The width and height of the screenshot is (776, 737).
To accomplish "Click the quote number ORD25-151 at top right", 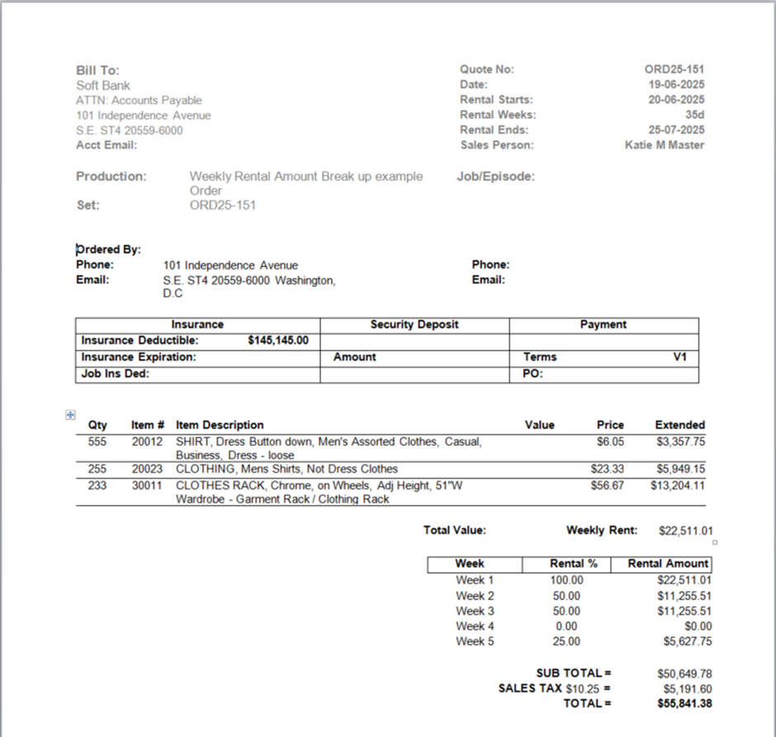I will click(x=674, y=69).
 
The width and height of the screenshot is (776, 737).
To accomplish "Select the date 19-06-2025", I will click(x=676, y=84).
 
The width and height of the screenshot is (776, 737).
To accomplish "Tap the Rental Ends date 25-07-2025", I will click(x=676, y=130).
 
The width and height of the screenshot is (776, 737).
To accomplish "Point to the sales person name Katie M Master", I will click(x=665, y=144).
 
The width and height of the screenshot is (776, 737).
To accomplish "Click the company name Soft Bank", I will click(x=103, y=85).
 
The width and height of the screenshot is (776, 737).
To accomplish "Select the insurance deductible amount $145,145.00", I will click(x=277, y=340).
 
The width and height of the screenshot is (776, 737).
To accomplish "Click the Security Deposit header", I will click(x=414, y=324).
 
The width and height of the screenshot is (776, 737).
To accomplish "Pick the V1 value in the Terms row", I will click(x=680, y=357).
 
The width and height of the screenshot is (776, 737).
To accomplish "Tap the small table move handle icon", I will click(x=70, y=415).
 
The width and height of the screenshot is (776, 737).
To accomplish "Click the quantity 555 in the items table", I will click(x=97, y=442).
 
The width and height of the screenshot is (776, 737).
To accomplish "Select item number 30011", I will click(x=148, y=485).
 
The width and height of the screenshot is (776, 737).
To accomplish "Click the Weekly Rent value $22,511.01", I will click(x=686, y=531).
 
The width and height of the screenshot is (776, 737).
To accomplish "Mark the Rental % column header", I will click(x=566, y=564).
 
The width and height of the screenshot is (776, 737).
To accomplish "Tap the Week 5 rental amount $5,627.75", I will click(x=687, y=641).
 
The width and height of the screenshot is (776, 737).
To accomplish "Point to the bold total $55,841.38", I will click(x=684, y=703).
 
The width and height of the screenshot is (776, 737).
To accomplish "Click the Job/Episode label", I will click(x=495, y=176).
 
